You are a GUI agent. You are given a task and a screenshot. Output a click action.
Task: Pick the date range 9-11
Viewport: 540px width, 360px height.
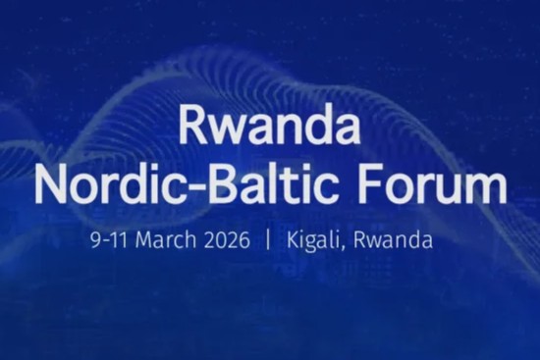coord(111,239)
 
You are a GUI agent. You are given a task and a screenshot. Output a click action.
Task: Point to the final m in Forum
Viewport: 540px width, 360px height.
coord(487,188)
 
